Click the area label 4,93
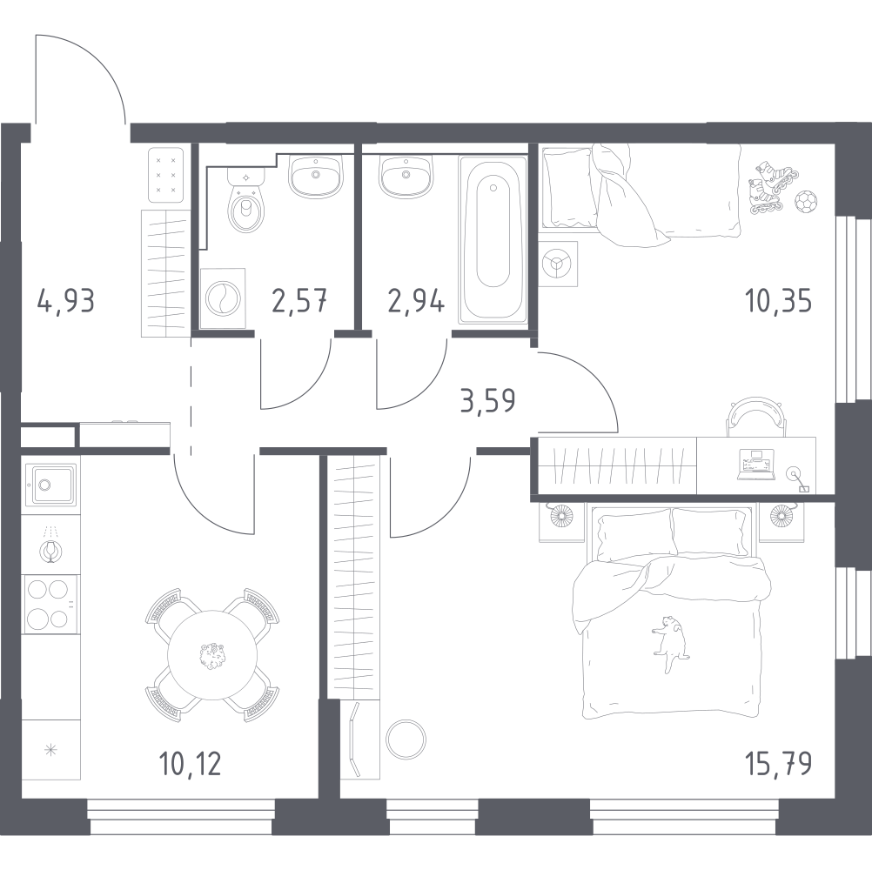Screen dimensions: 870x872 point(66,303)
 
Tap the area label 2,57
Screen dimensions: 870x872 point(298,303)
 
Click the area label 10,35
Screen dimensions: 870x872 point(778,302)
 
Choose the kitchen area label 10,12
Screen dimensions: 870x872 point(191,764)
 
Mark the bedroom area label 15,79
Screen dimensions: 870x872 point(778,765)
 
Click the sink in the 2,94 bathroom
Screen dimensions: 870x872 point(403,179)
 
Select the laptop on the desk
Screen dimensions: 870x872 point(755,463)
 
